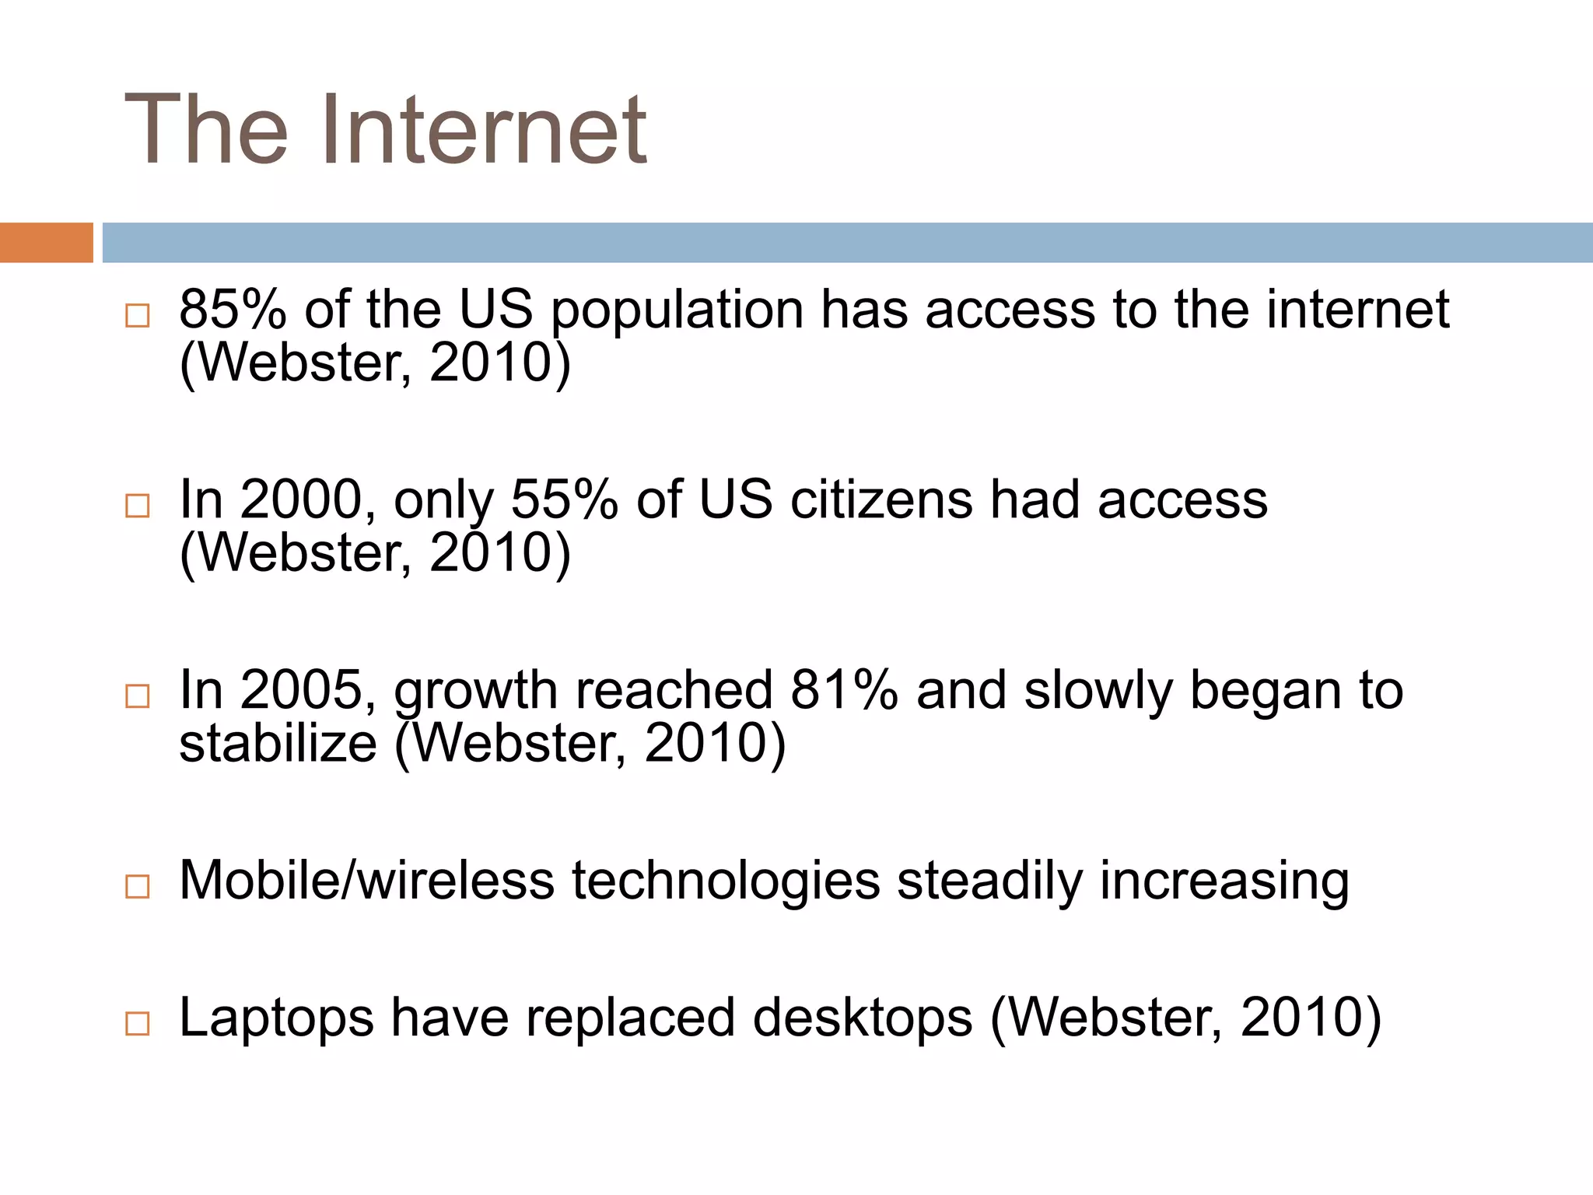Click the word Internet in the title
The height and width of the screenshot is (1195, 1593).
point(483,129)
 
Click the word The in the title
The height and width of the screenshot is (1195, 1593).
point(206,129)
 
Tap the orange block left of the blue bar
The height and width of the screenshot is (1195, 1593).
point(46,243)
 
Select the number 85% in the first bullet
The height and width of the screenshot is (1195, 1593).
point(233,310)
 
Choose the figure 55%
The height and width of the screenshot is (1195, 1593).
point(564,499)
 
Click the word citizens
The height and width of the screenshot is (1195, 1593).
point(881,499)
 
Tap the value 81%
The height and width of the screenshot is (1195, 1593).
point(844,690)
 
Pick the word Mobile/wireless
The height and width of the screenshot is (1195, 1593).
point(366,881)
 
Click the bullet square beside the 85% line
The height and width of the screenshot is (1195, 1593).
point(138,316)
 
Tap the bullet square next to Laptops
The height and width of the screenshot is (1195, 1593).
point(138,1024)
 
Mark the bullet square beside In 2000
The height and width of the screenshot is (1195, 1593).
point(138,506)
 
